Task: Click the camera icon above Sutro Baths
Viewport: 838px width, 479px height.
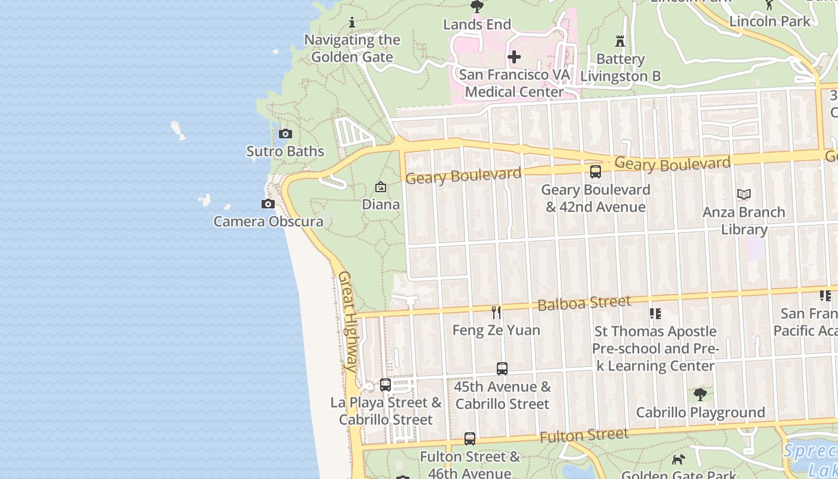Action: (x=286, y=134)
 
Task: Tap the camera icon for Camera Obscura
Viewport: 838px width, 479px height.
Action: (x=268, y=204)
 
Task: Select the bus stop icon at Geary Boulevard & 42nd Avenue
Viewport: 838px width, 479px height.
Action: (x=596, y=172)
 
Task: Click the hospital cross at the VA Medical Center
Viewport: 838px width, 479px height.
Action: (x=514, y=57)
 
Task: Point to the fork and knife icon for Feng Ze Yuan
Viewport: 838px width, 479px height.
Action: (x=496, y=312)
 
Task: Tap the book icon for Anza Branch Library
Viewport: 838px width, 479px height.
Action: (x=744, y=195)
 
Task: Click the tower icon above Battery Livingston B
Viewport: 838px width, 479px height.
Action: (x=620, y=41)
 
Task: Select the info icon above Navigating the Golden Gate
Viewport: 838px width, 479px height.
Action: (x=352, y=23)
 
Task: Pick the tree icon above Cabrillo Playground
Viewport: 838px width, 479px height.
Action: (x=700, y=395)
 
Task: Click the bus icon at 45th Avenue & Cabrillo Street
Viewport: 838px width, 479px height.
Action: (x=502, y=369)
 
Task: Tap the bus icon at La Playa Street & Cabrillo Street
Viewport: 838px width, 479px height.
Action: (x=385, y=385)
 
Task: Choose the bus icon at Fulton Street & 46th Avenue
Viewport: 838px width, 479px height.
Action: (x=470, y=439)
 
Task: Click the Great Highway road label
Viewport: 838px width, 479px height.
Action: (x=348, y=320)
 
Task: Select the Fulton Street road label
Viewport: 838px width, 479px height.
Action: (x=584, y=435)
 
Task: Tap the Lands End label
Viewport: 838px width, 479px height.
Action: (x=477, y=25)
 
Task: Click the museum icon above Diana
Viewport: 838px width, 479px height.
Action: (x=381, y=187)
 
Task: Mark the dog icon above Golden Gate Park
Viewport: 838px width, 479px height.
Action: (x=678, y=460)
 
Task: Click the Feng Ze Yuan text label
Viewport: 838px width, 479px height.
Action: (x=496, y=330)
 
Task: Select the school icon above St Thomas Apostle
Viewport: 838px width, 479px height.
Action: (x=655, y=313)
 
